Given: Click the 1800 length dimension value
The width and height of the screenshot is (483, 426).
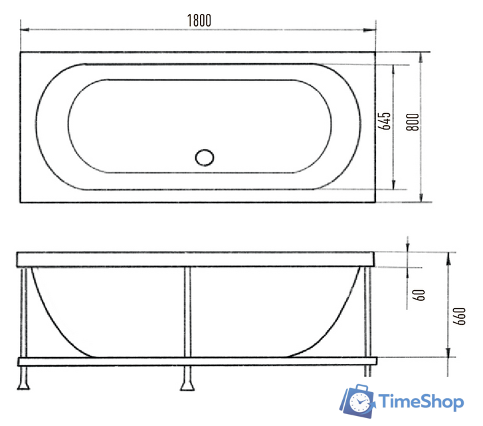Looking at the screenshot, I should [x=198, y=20].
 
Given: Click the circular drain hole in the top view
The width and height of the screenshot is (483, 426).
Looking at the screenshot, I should [x=205, y=158].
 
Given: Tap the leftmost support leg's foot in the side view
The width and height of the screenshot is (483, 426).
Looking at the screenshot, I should [x=24, y=383].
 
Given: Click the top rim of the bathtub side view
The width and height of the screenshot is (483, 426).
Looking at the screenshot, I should [x=197, y=259].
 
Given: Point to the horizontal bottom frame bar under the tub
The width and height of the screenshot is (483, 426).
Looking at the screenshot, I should [x=197, y=361].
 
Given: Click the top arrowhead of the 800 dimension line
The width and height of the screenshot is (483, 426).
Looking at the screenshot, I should [x=421, y=55].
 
